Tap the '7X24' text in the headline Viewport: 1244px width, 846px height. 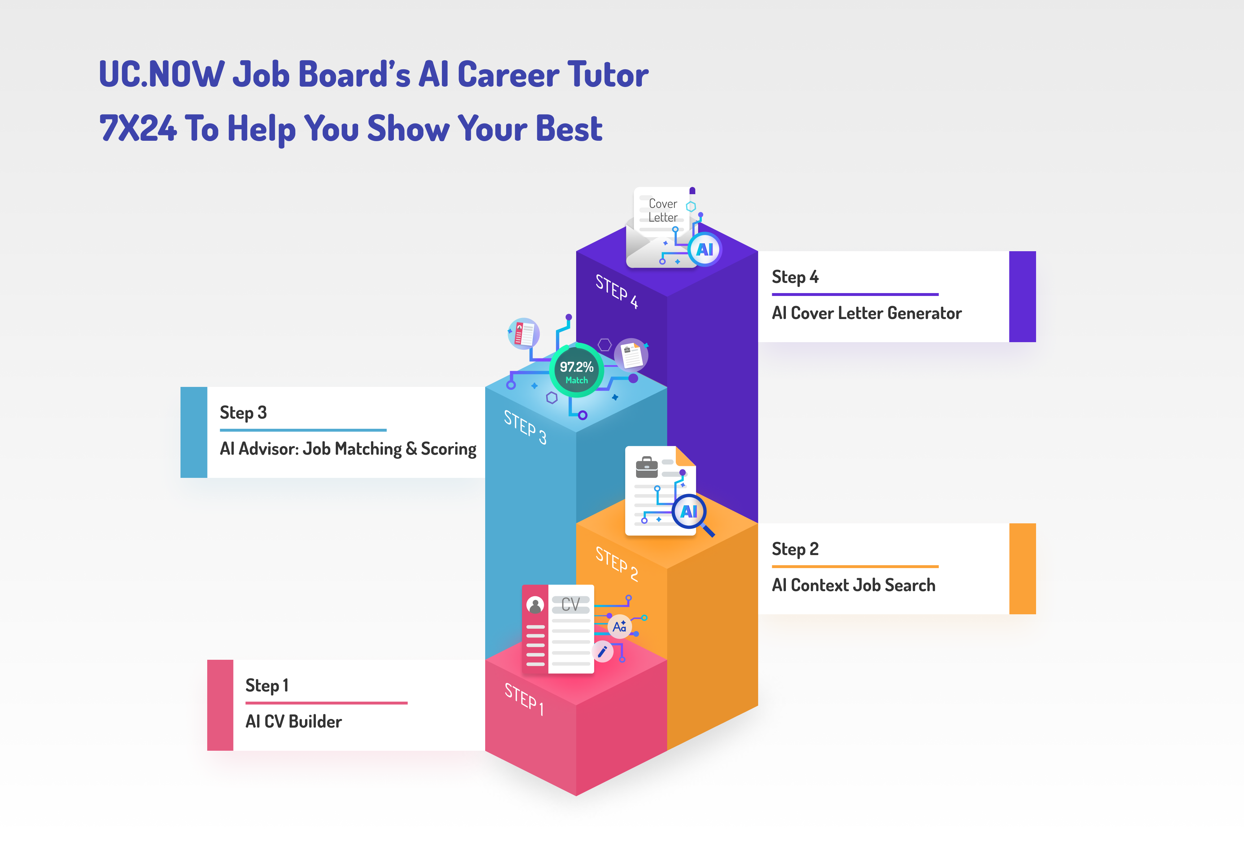(138, 128)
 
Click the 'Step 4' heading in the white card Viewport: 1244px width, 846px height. (795, 277)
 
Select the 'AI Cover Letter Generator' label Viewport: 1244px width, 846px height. (867, 313)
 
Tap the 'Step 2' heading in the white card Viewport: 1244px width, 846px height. (795, 549)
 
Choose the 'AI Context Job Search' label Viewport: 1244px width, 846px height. (853, 585)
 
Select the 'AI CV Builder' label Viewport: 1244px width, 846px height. (293, 721)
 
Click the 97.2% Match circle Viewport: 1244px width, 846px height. (577, 371)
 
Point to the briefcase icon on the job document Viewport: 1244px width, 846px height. (647, 467)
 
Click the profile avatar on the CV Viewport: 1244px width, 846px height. (535, 605)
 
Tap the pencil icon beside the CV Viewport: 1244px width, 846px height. (603, 651)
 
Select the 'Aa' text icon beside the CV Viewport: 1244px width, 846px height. (619, 627)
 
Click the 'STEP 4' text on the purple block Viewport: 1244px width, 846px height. (617, 292)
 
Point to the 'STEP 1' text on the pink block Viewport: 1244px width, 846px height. (524, 699)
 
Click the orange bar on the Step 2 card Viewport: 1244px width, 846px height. (1022, 569)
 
